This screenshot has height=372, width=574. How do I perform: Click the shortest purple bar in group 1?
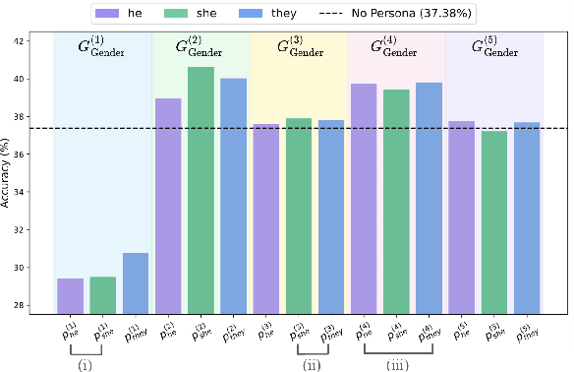tap(70, 295)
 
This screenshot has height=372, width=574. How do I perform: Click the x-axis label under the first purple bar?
tap(70, 329)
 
